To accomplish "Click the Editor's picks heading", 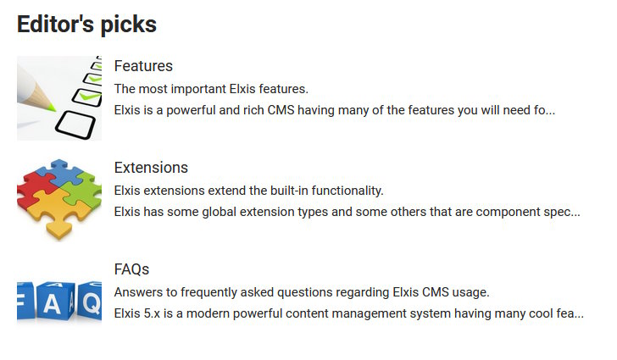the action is pyautogui.click(x=86, y=25).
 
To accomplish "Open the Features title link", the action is pyautogui.click(x=143, y=66).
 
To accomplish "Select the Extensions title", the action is pyautogui.click(x=151, y=168).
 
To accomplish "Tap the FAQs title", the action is pyautogui.click(x=132, y=269).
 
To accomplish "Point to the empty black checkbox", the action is pyautogui.click(x=75, y=125).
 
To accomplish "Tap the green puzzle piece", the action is pyautogui.click(x=82, y=189).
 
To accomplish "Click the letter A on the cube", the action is pyautogui.click(x=52, y=305).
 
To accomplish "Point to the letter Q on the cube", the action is pyautogui.click(x=92, y=304).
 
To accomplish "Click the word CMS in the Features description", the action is pyautogui.click(x=281, y=110).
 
